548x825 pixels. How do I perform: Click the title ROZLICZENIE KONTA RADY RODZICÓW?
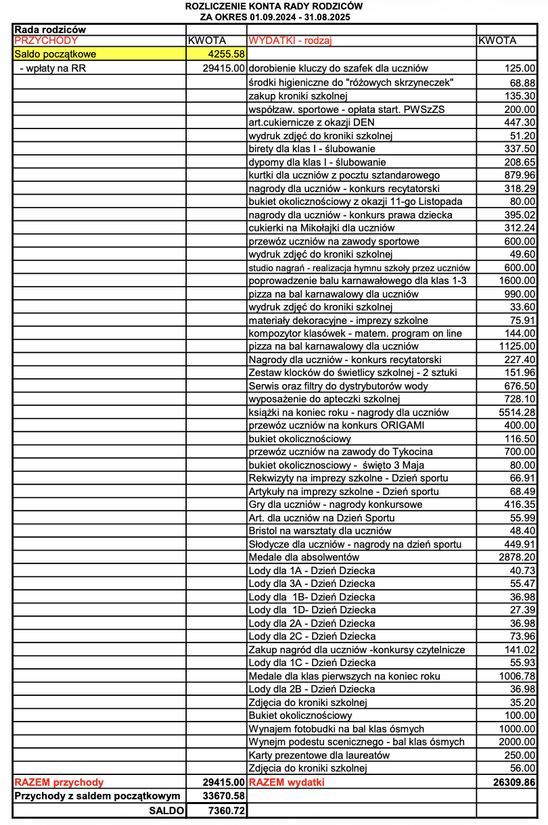[274, 6]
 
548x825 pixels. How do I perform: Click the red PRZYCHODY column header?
[46, 41]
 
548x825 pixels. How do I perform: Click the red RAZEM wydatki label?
[287, 782]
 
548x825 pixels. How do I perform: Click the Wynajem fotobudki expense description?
[336, 728]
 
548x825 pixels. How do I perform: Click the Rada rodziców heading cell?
[50, 29]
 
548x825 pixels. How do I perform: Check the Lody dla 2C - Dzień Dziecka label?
[312, 636]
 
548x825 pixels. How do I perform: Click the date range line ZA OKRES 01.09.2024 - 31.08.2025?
[274, 16]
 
